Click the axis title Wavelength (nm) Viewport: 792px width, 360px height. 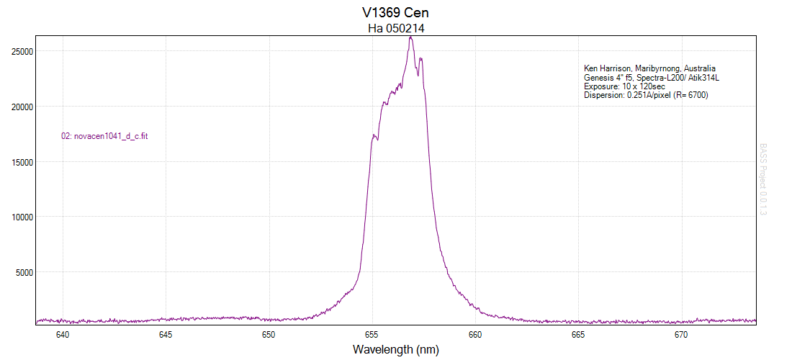click(x=395, y=350)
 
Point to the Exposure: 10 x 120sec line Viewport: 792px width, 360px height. click(x=624, y=86)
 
